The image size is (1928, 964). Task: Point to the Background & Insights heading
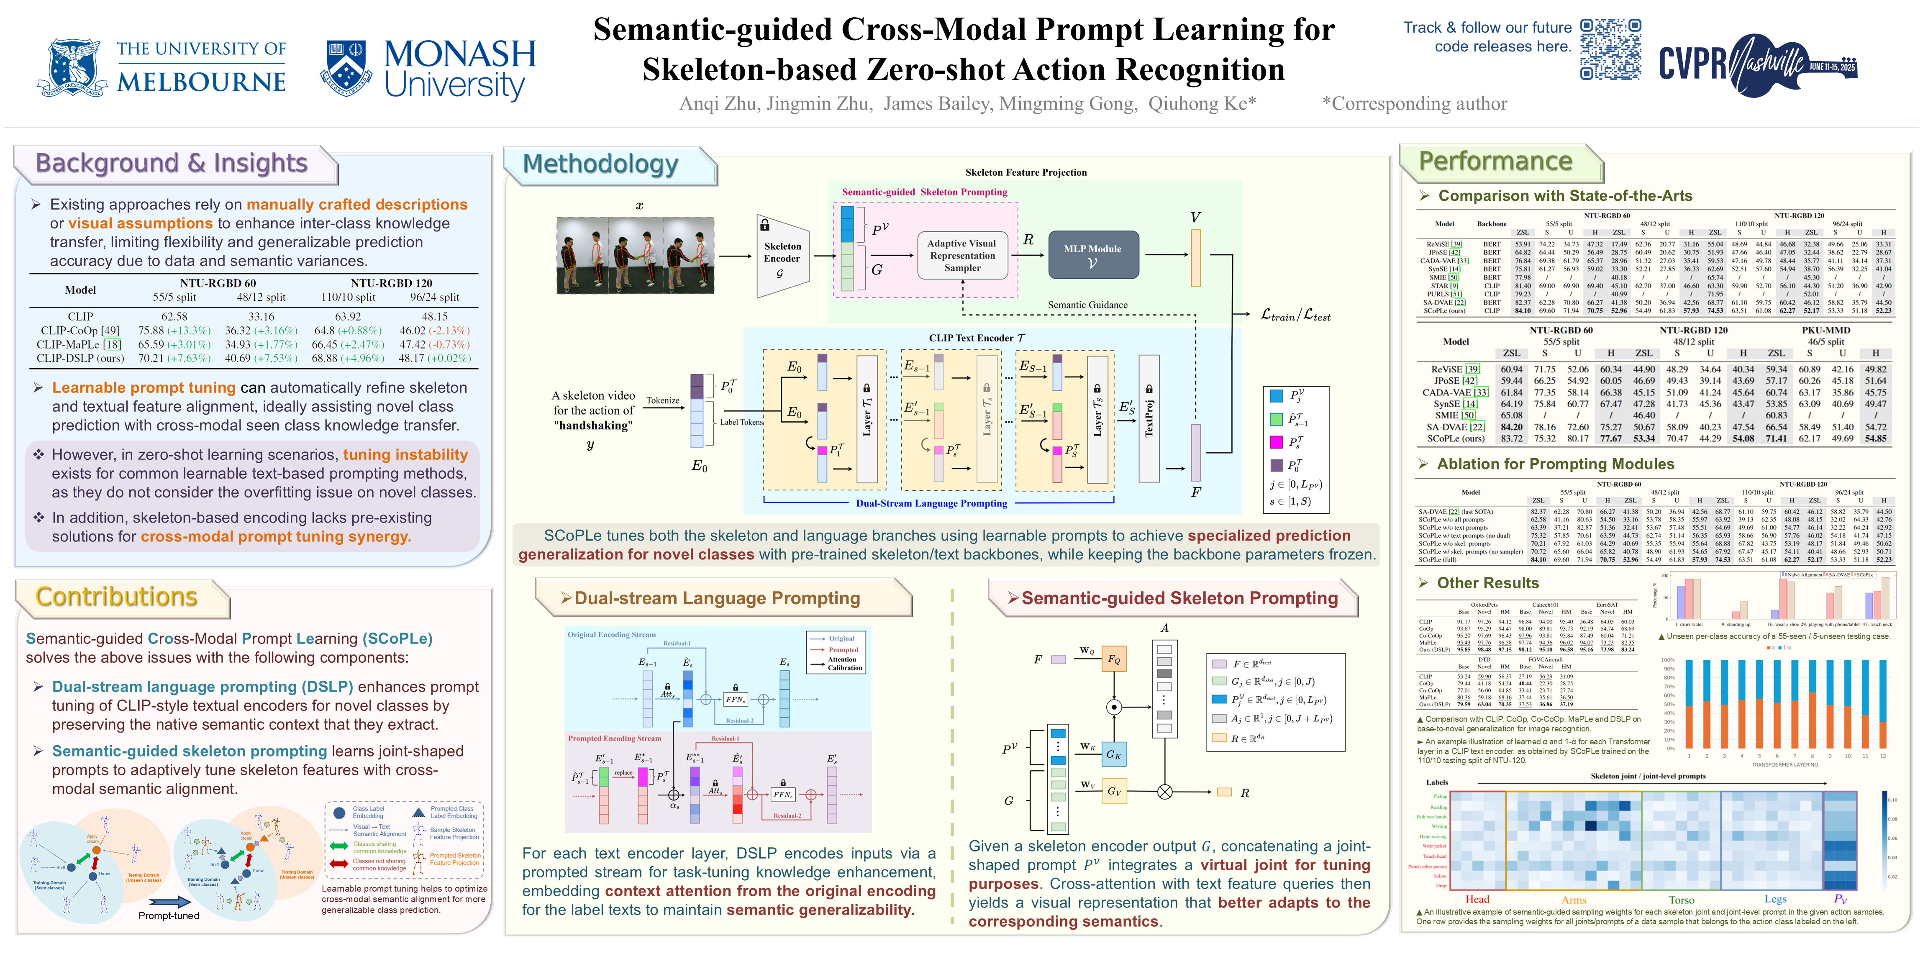172,163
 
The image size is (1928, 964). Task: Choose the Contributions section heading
117,597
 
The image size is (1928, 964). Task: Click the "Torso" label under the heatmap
1681,900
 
